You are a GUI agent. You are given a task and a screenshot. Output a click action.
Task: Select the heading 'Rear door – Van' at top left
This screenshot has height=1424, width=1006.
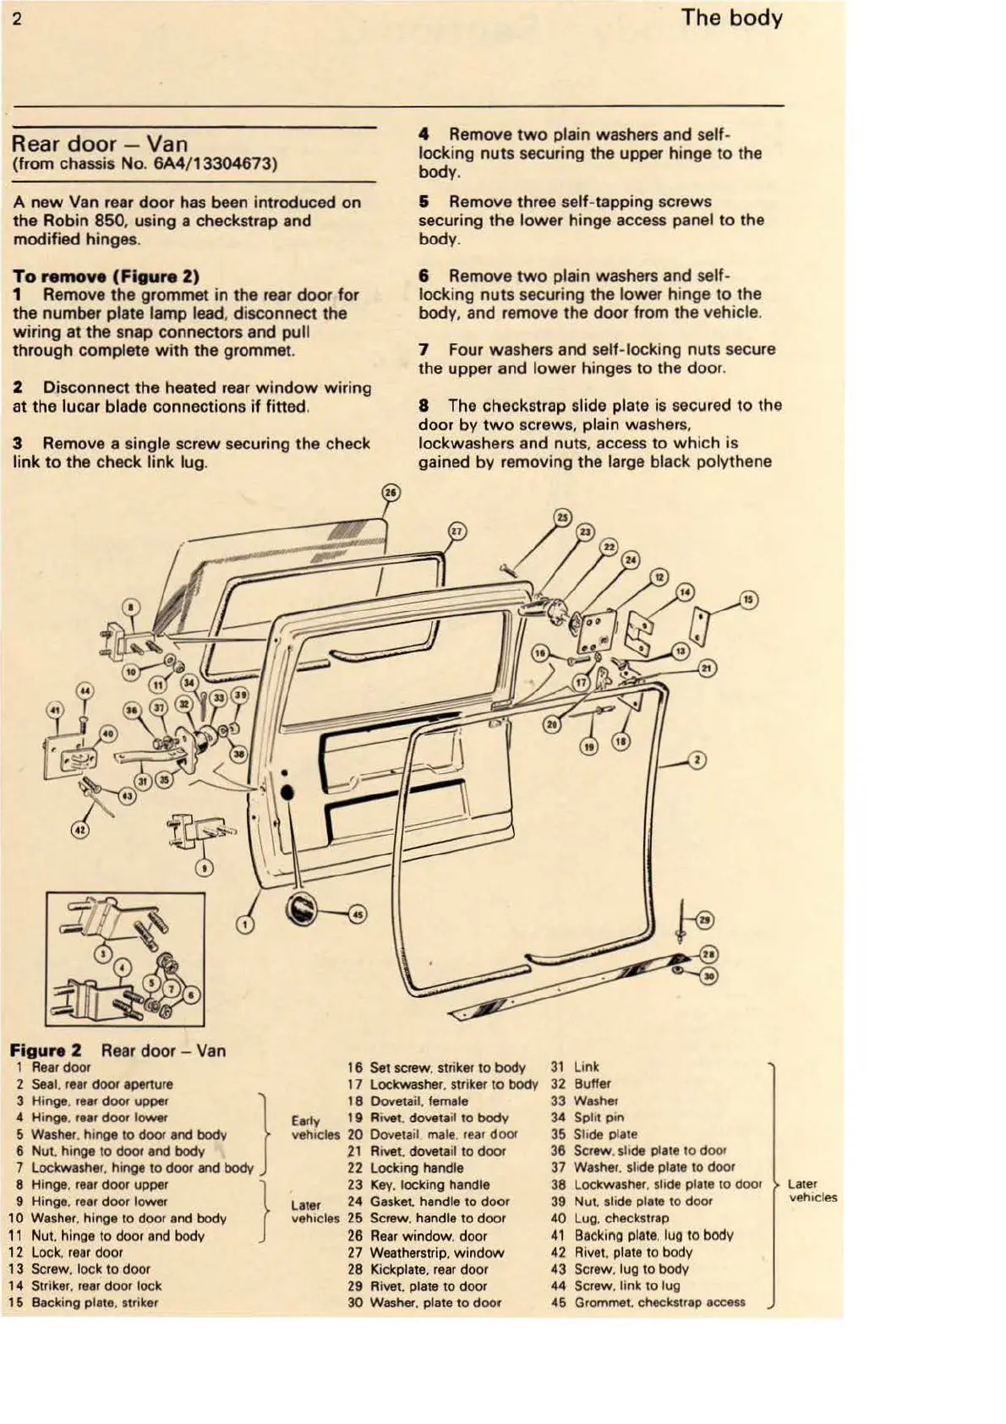101,144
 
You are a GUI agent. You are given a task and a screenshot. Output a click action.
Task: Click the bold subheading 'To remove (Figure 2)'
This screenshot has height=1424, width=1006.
106,276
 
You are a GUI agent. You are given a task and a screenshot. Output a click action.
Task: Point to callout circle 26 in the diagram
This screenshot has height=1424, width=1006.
391,494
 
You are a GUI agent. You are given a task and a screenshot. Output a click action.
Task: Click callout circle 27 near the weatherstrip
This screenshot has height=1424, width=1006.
457,532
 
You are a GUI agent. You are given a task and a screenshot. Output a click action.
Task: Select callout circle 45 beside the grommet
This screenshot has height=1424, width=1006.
358,914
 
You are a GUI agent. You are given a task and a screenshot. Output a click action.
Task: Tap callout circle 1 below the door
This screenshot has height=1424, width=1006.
244,925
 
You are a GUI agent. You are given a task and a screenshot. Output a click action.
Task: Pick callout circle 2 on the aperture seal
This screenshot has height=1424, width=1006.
697,761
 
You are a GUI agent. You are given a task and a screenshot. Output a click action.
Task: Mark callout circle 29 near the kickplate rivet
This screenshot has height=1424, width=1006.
706,921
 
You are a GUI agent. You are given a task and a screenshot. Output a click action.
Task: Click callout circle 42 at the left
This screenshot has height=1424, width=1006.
79,831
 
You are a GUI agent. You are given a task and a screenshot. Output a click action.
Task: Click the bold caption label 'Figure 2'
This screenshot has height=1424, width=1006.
46,1050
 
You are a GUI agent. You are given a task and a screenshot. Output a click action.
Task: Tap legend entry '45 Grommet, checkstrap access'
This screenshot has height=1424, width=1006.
648,1302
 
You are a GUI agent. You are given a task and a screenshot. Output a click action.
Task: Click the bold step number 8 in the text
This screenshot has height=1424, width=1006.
424,406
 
